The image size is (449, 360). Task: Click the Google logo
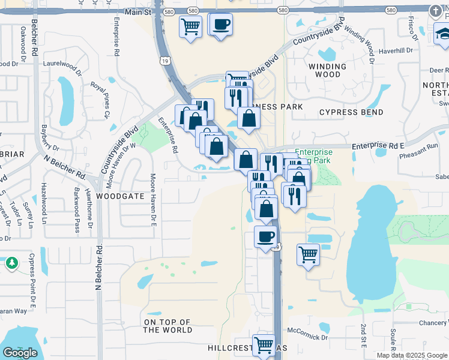[x=20, y=353]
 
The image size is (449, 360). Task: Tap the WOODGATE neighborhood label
[x=121, y=196]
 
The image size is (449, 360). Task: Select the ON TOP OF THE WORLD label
[x=168, y=326]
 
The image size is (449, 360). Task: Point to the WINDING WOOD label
[x=325, y=70]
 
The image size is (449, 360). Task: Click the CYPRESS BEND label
[x=351, y=112]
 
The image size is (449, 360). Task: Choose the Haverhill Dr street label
[x=396, y=50]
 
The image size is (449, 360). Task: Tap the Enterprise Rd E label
[x=378, y=145]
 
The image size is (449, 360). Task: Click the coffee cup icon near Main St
[x=220, y=25]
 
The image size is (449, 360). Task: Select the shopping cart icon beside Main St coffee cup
[x=190, y=26]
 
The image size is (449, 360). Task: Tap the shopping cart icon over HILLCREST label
[x=264, y=346]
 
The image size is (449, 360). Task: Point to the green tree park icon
[x=12, y=263]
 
